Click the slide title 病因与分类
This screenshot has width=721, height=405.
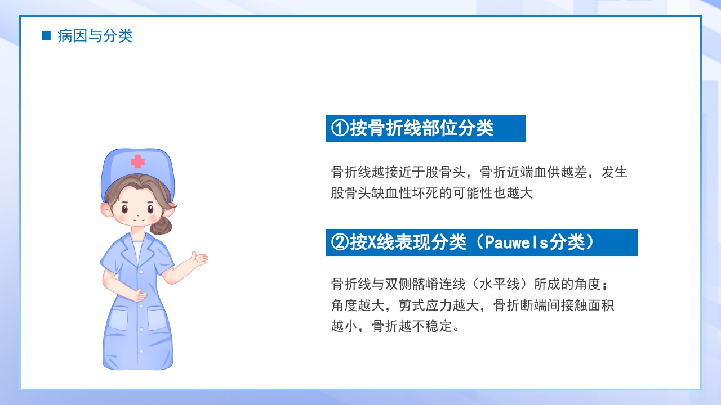click(x=95, y=37)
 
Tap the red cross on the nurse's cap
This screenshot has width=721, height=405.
click(x=137, y=161)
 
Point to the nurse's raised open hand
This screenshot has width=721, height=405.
click(x=199, y=260)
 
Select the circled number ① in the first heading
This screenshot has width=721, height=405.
click(x=340, y=128)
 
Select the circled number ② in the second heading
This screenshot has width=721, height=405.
click(x=340, y=242)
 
